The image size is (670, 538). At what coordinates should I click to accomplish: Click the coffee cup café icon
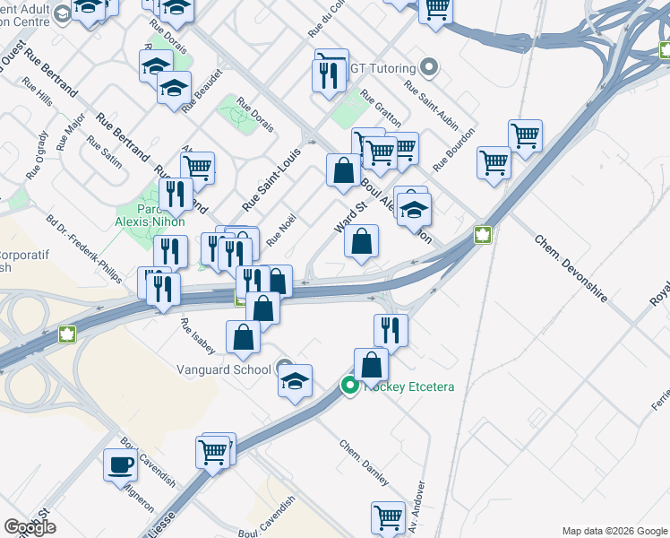(120, 465)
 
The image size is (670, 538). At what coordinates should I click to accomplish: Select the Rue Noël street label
(280, 231)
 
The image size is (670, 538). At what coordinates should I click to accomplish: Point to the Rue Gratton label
(381, 108)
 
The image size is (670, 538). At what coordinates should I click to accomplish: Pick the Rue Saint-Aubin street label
(425, 99)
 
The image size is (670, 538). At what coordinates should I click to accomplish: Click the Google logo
(30, 527)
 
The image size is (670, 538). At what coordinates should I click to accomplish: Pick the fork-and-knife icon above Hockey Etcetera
(391, 329)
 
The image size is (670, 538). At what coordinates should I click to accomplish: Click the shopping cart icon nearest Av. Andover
(388, 517)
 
